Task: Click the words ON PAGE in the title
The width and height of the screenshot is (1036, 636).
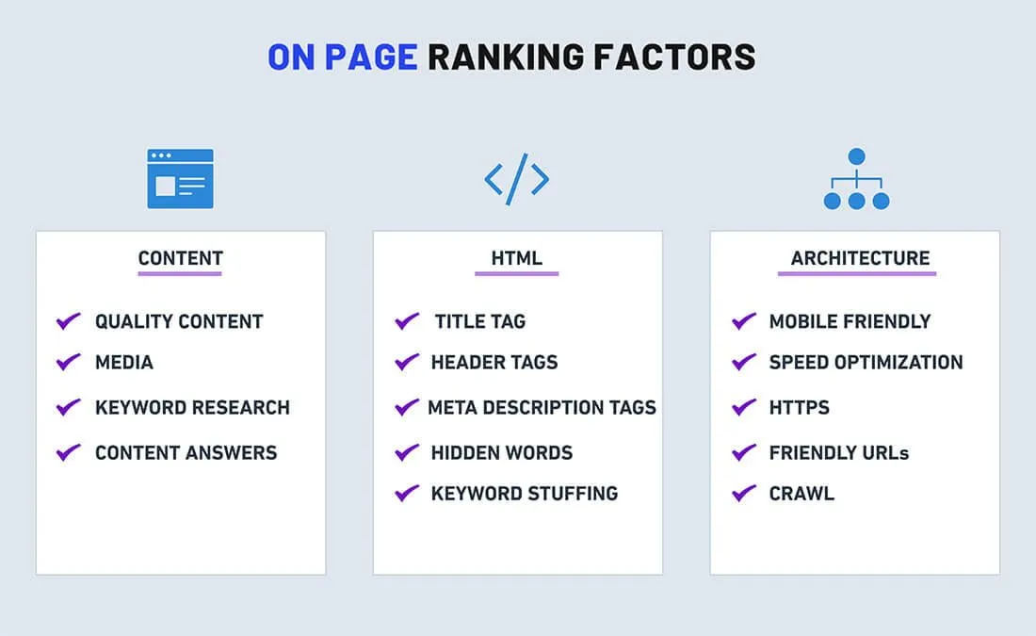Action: tap(342, 57)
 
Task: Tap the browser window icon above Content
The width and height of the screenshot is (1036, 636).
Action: tap(181, 178)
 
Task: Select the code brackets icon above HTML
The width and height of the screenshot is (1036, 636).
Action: tap(517, 179)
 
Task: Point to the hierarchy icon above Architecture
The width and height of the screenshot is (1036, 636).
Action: tap(856, 178)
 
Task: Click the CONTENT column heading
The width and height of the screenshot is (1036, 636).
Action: tap(181, 258)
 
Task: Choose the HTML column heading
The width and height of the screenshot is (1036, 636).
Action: tap(517, 258)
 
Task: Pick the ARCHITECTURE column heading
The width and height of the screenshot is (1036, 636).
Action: tap(860, 258)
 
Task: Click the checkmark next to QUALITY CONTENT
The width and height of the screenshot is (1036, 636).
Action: tap(68, 320)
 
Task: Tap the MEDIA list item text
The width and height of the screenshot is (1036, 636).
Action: tap(124, 363)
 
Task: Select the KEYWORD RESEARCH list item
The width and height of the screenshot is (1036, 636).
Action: tap(192, 407)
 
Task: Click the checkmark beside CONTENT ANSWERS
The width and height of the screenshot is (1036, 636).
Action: tap(68, 452)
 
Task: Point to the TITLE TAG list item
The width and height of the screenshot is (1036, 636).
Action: tap(480, 321)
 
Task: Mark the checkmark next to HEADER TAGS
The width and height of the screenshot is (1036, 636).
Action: tap(406, 362)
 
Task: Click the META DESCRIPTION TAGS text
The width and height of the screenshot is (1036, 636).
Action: tap(542, 407)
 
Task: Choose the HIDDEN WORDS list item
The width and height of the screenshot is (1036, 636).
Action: tap(502, 453)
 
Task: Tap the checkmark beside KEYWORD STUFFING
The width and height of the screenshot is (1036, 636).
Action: tap(406, 493)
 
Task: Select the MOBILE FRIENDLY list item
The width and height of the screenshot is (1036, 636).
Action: tap(850, 321)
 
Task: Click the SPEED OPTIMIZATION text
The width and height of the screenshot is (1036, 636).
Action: tap(866, 363)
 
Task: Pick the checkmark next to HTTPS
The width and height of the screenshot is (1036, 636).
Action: tap(744, 407)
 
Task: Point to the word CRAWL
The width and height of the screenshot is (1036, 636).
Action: tap(801, 494)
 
